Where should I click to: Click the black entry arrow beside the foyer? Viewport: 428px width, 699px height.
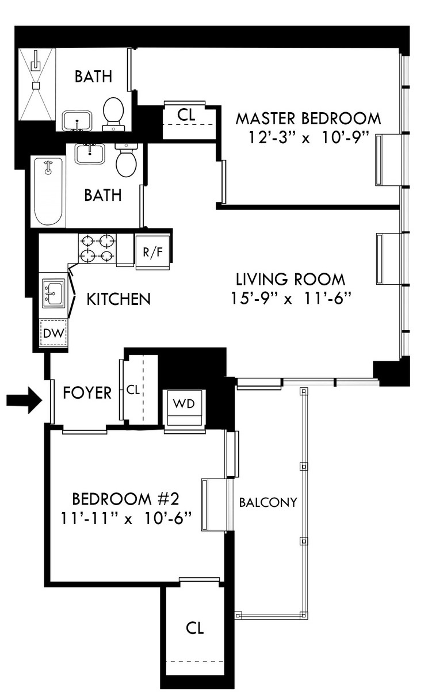[x=24, y=400]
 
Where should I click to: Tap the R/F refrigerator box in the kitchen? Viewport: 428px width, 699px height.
[x=153, y=252]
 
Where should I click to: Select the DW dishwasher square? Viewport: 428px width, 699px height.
[x=54, y=333]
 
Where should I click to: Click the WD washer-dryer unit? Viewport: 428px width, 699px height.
[x=184, y=407]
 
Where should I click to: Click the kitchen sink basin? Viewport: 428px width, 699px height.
[x=53, y=293]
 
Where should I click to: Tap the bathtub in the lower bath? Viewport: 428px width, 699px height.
[x=48, y=191]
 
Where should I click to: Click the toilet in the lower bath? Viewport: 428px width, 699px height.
[x=126, y=160]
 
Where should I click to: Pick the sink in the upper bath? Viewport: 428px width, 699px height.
[x=77, y=121]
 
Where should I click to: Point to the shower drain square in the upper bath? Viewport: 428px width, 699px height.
[x=36, y=85]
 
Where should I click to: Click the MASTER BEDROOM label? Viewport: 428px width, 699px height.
[x=308, y=119]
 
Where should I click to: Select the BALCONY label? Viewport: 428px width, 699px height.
[x=268, y=502]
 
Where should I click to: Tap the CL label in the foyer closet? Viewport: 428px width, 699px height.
[x=133, y=389]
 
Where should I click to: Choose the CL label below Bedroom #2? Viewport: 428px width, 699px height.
[x=194, y=628]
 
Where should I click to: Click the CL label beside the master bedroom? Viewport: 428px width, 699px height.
[x=186, y=115]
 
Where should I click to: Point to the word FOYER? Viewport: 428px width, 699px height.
[x=87, y=392]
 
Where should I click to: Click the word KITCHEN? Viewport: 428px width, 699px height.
[x=119, y=299]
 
